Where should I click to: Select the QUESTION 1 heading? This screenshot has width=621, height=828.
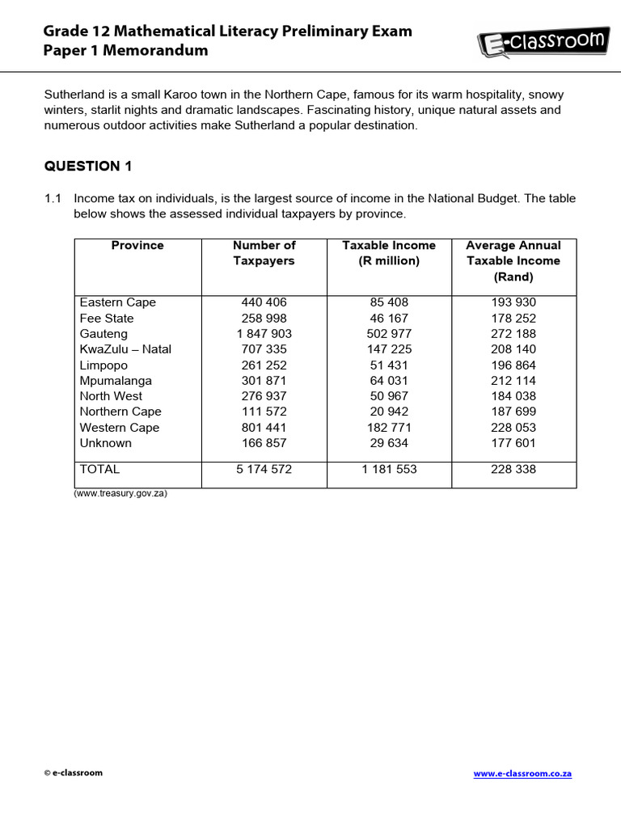(x=87, y=167)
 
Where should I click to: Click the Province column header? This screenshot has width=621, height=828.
(x=137, y=245)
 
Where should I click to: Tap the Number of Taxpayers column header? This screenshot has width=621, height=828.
(x=264, y=253)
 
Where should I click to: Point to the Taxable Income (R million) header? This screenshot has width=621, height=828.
(x=389, y=253)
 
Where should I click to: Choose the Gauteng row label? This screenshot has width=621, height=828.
(x=103, y=334)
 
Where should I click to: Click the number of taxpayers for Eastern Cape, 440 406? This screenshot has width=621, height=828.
(x=264, y=302)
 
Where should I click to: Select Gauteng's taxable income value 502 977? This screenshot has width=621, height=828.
(x=389, y=334)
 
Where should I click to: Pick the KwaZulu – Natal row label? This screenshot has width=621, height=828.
(x=125, y=349)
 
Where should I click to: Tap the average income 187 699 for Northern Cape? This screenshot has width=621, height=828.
(x=513, y=412)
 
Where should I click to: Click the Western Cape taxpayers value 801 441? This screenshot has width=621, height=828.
(x=264, y=428)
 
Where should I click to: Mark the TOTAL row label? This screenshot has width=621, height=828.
(x=99, y=469)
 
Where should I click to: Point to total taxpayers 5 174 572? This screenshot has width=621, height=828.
(x=264, y=469)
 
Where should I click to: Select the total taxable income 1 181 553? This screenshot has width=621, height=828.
(x=389, y=469)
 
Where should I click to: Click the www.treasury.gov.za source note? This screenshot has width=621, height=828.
(x=120, y=493)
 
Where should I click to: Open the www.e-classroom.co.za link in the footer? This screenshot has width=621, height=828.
(x=522, y=774)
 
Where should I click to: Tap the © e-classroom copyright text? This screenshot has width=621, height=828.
(x=74, y=773)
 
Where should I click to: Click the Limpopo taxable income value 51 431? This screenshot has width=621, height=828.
(x=389, y=365)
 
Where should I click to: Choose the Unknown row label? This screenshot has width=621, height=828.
(x=105, y=443)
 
